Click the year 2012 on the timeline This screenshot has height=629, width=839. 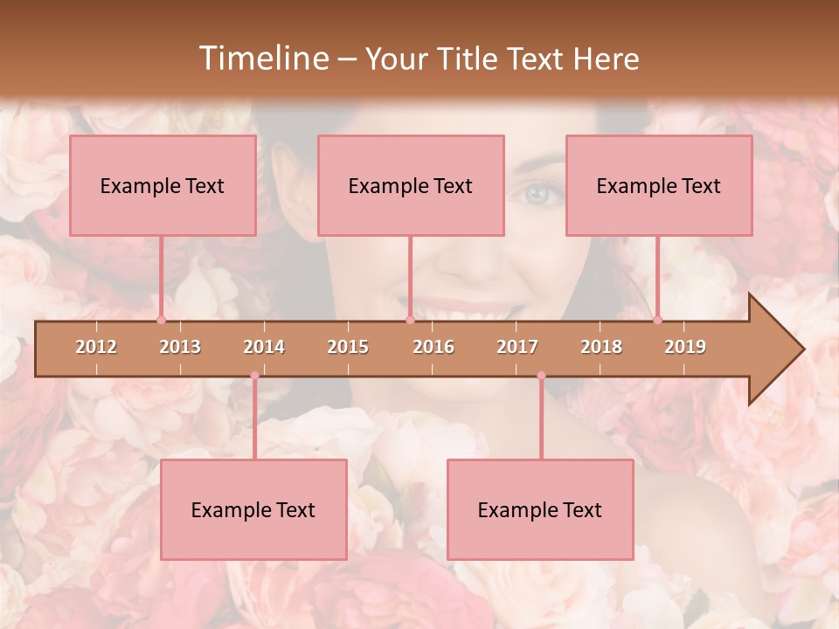tap(96, 347)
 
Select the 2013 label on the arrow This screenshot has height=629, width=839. tap(180, 347)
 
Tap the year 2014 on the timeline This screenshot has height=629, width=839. tap(264, 347)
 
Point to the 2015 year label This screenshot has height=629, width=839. tap(348, 347)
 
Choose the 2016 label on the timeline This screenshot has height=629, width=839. tap(433, 347)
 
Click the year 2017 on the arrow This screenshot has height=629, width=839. tap(517, 347)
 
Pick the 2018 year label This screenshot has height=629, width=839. tap(601, 347)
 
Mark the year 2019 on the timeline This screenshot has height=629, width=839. tap(685, 347)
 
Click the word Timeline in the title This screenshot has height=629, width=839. tap(262, 59)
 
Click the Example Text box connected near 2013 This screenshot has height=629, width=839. tap(163, 185)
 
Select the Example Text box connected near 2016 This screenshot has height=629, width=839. tap(411, 185)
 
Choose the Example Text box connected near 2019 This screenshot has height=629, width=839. tap(659, 185)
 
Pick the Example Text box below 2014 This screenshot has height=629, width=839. tap(253, 509)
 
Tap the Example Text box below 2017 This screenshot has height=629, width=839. tap(540, 509)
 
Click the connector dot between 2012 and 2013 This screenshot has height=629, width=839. tap(161, 320)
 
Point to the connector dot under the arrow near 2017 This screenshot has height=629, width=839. tap(541, 376)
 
